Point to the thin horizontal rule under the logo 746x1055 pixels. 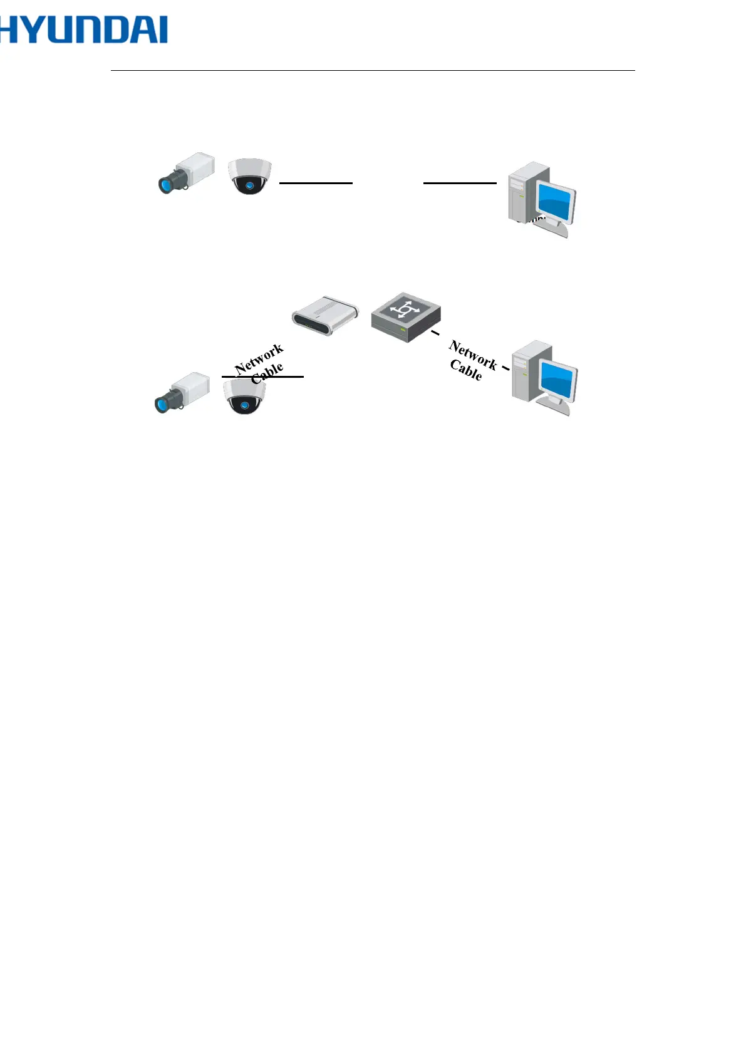(x=373, y=71)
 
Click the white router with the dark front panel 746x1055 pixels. (x=325, y=316)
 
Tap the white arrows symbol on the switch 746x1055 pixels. (x=404, y=310)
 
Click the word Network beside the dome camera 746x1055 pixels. (x=259, y=359)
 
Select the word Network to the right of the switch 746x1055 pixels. (x=473, y=355)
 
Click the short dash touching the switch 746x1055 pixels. (x=435, y=333)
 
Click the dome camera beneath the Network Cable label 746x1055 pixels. (x=244, y=397)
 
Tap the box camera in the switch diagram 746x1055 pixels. (x=182, y=392)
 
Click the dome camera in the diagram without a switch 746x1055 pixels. (x=249, y=176)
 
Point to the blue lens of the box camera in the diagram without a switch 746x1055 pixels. (x=165, y=185)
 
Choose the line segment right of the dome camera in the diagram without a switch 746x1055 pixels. (x=316, y=183)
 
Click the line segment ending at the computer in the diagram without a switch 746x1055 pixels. (x=460, y=183)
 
